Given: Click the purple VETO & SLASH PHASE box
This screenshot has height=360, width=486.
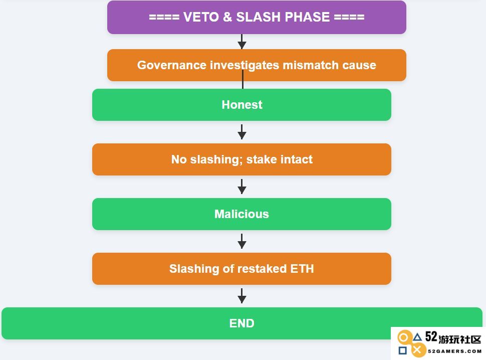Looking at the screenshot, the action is [257, 18].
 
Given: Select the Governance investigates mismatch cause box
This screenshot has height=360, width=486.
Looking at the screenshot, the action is [257, 65].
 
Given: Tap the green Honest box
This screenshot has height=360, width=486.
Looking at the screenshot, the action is [242, 105].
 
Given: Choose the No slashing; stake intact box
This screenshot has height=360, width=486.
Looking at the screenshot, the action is [242, 159].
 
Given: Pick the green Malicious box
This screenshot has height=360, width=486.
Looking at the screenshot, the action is [242, 214].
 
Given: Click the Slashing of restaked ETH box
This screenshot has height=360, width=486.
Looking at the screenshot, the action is [242, 269].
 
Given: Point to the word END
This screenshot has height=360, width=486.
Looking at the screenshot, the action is [242, 323].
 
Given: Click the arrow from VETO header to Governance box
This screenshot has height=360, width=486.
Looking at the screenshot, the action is [242, 42].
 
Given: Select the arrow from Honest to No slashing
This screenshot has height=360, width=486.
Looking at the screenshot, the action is [242, 132].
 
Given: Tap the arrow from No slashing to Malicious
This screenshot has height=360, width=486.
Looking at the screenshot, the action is [242, 187].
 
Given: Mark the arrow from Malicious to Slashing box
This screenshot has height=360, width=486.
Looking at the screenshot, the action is [242, 241].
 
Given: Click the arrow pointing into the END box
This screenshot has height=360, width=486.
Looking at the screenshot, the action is [242, 296].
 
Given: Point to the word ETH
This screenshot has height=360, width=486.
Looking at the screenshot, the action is [302, 269].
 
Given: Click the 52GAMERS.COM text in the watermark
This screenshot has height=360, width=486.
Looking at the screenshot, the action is [455, 351].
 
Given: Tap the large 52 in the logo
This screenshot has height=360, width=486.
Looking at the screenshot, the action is [431, 337].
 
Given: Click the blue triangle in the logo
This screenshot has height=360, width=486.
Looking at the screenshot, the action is [417, 337].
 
